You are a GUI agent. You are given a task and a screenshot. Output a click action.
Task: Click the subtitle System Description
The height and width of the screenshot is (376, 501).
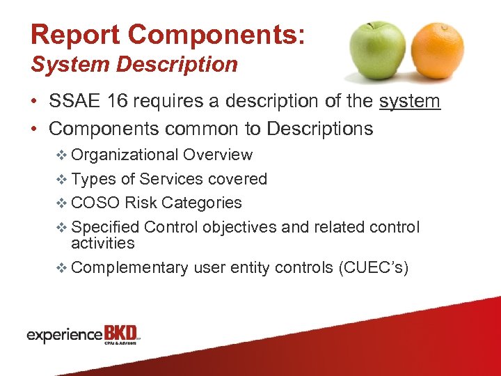(x=134, y=65)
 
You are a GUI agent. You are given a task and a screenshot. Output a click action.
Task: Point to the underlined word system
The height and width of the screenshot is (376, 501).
(x=409, y=102)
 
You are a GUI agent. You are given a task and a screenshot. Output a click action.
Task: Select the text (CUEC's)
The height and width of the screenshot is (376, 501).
(x=372, y=267)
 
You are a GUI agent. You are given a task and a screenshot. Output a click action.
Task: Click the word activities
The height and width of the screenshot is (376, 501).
(x=103, y=243)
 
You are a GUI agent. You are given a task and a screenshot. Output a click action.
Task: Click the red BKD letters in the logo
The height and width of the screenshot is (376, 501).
(x=121, y=333)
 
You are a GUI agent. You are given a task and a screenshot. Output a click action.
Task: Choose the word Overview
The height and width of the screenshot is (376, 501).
(x=218, y=155)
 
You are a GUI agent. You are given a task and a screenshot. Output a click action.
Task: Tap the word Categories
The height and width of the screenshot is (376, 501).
(x=202, y=203)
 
